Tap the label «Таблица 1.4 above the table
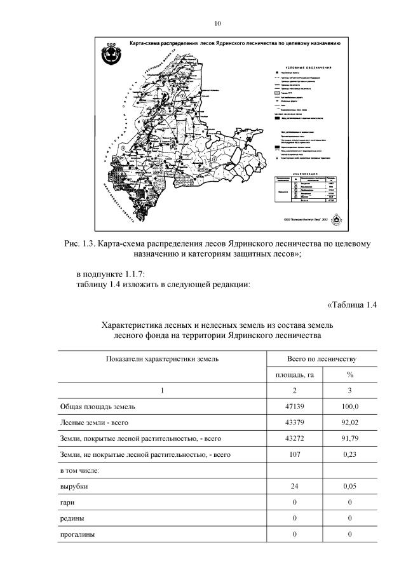pos(352,304)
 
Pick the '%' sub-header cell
pos(349,375)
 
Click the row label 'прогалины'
pos(78,534)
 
